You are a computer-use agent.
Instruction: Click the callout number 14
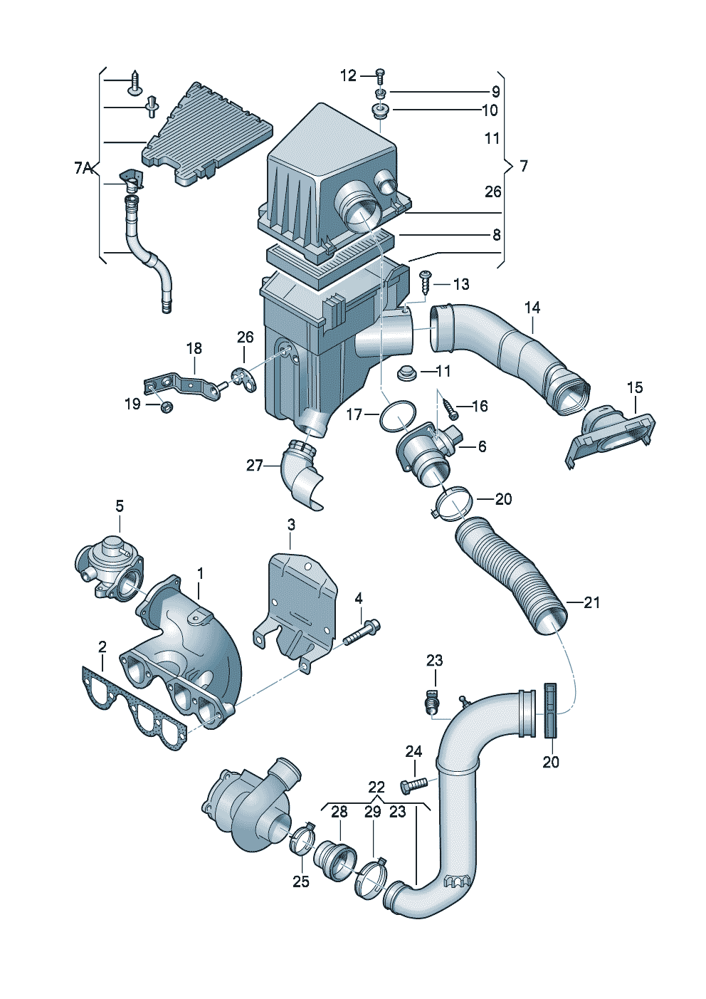532,308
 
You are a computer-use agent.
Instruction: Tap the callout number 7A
84,168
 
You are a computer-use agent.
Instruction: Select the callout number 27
255,466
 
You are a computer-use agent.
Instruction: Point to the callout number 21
592,602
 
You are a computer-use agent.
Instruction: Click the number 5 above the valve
120,506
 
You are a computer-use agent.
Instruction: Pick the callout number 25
301,882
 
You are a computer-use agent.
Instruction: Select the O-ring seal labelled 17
398,417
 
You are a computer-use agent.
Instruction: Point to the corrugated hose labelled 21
512,577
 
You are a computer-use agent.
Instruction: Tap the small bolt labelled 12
379,73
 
